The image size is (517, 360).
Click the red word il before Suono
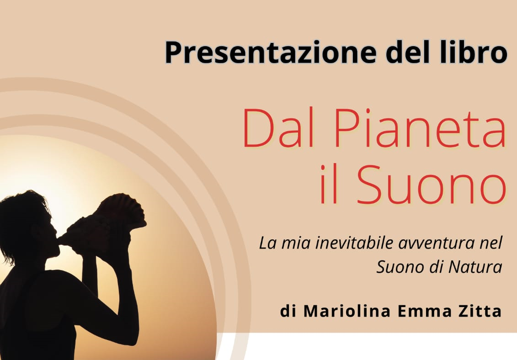tap(329, 184)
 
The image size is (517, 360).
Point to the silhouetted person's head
tap(27, 224)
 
